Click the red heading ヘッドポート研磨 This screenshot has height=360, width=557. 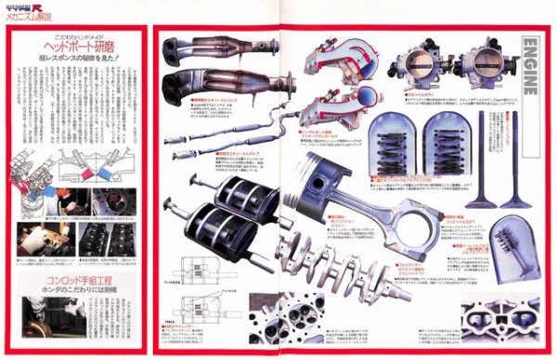pos(73,44)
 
